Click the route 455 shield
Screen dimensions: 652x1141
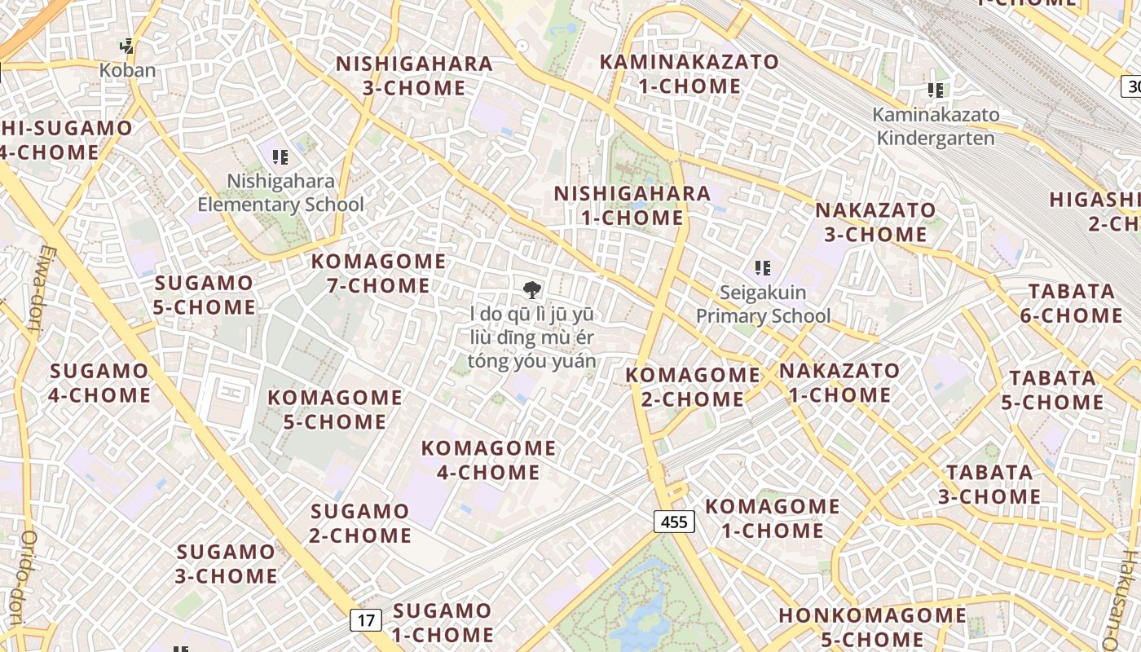coord(674,522)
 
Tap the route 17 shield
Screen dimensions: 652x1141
coord(366,620)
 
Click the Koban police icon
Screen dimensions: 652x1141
coord(126,46)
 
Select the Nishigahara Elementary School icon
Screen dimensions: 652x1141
coord(280,156)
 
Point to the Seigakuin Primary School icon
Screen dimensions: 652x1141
coord(763,267)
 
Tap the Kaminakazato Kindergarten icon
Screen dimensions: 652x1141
coord(936,90)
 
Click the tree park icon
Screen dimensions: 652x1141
coord(532,289)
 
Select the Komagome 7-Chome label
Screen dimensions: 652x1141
coord(379,274)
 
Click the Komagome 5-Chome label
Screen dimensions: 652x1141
coord(335,410)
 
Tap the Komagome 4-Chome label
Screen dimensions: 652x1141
coord(488,460)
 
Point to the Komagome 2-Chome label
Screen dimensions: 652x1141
coord(693,387)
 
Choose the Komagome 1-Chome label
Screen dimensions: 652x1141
coord(772,518)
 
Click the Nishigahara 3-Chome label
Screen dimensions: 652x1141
coord(414,76)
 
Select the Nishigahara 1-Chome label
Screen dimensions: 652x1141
coord(632,205)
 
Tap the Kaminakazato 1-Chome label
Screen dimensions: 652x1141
coord(689,73)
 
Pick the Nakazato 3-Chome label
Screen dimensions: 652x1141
coord(875,222)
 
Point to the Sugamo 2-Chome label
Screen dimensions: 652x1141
coord(360,523)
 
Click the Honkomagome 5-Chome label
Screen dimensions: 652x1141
coord(872,627)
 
